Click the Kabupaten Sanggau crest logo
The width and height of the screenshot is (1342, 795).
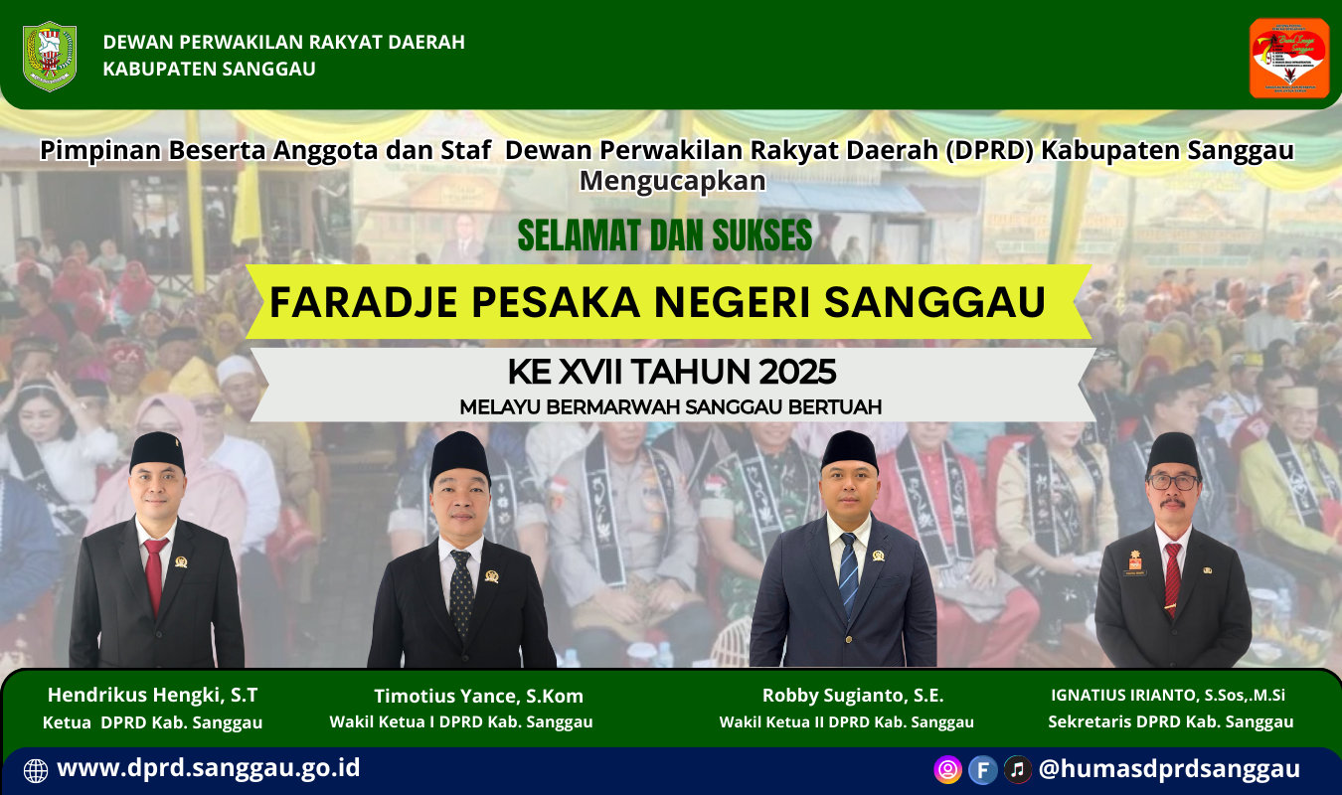coord(50,56)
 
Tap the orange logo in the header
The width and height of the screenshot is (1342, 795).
coord(1288,58)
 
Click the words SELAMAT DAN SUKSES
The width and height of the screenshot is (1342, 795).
coord(665,236)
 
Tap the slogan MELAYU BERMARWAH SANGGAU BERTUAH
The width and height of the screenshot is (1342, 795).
coord(671,406)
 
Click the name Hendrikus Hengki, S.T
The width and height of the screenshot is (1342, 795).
coord(152,695)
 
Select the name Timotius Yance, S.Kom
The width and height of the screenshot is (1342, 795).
coord(478,696)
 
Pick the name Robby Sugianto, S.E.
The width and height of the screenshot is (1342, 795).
coord(853,695)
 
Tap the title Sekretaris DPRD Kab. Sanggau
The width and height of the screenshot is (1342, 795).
coord(1171,722)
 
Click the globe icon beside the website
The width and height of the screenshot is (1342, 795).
coord(35,770)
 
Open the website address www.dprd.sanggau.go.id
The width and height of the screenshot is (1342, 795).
coord(209,768)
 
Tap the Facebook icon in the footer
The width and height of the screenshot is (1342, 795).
coord(982,769)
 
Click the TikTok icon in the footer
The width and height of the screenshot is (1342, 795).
coord(1017,769)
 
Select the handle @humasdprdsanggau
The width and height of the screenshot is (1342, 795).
coord(1169,769)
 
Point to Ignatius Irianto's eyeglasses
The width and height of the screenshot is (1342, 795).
coord(1173,482)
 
